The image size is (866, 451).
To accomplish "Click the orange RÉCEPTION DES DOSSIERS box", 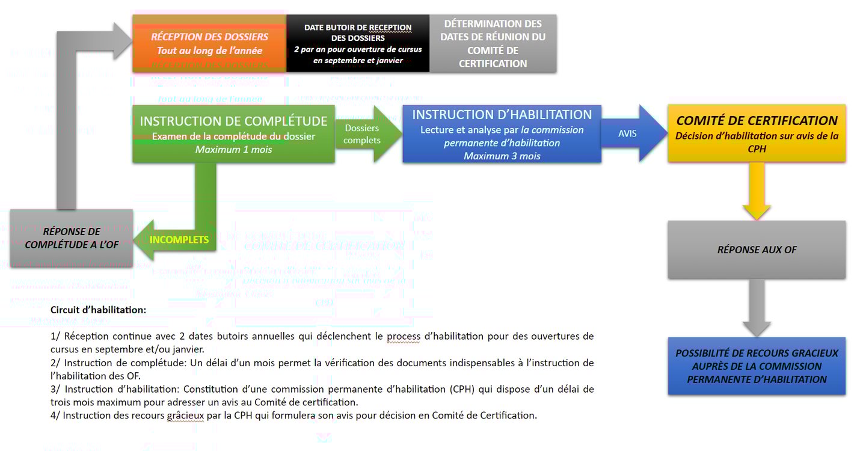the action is pos(209,43).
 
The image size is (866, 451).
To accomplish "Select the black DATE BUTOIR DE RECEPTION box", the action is pos(358,43).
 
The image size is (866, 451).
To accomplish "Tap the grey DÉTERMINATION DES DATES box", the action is pos(493,43).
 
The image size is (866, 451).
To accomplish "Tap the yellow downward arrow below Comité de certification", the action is pos(757,192).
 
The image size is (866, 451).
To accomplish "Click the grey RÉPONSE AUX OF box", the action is pos(757,250).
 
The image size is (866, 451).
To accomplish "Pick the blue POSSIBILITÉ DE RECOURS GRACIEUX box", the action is pos(757,366).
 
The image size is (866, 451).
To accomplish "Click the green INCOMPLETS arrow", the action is pos(178,239).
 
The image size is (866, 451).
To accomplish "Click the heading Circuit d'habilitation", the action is pos(98,310).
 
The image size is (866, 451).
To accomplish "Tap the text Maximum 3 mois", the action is pos(502,156).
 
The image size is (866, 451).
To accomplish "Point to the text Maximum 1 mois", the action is pos(233,149).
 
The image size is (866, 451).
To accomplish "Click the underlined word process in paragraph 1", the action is pos(404,336).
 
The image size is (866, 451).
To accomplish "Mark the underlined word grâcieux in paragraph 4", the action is pos(186,415).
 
